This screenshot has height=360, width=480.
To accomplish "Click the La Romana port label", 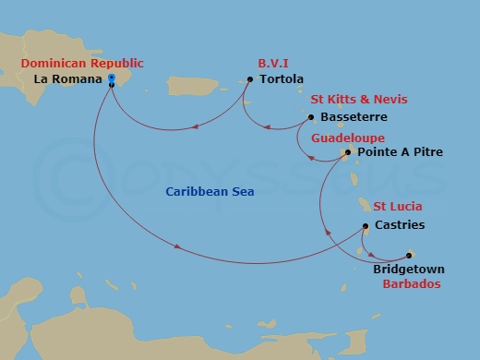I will click(66, 79).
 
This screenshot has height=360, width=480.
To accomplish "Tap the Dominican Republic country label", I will click(82, 63).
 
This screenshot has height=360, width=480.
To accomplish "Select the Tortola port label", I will click(281, 79).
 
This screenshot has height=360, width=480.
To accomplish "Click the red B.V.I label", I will click(272, 63).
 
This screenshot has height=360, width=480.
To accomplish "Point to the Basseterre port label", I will click(354, 117).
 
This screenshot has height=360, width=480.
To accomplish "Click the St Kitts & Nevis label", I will click(359, 100).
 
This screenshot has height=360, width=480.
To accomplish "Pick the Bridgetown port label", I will click(408, 270).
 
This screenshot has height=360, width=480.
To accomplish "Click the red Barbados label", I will click(411, 285).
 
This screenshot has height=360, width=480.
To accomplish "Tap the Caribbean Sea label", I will click(210, 192).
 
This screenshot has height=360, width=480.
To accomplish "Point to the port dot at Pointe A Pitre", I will click(347, 152).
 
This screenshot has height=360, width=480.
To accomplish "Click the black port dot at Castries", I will click(366, 226).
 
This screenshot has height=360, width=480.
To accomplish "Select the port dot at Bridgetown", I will click(409, 255).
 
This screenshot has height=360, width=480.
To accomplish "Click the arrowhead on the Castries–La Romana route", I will click(175, 246).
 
